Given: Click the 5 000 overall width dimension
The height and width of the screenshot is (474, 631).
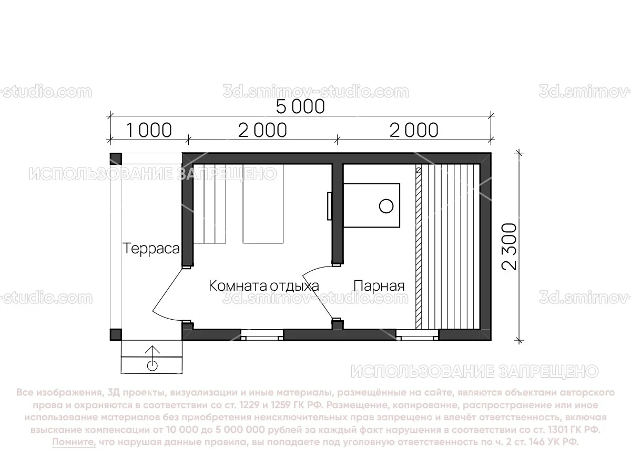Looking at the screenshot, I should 301,106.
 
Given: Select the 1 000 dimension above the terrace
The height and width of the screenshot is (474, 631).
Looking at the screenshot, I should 149,130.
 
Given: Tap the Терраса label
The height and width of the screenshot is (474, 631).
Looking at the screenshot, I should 151,249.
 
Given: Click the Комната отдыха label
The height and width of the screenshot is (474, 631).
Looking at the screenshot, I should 264,286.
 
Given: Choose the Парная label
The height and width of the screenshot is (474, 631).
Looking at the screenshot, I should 379,286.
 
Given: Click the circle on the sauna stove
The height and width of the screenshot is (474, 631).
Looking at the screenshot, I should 386,206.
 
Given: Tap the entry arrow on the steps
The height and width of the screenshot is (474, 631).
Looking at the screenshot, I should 152,352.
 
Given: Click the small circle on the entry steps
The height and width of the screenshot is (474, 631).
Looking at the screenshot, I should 152,365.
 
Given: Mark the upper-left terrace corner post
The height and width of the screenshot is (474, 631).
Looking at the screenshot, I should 116,159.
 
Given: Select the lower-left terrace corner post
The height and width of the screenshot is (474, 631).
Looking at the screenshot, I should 116,334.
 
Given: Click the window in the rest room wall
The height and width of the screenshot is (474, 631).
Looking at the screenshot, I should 262,333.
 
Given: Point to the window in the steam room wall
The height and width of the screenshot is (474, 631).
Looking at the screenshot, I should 417,333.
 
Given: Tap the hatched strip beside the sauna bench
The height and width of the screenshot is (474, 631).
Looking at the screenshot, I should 419,248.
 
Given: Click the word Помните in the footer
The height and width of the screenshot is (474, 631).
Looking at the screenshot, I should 74,442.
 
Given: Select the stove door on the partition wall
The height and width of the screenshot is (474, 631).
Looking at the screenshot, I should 329,206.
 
